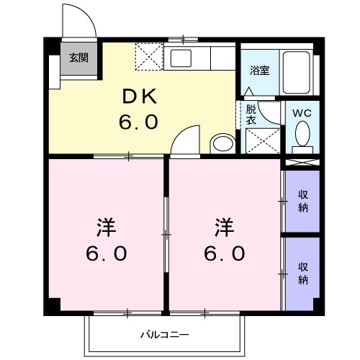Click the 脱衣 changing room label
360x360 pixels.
(251, 115)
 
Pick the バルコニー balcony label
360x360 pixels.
(164, 335)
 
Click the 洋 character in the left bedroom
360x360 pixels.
(103, 227)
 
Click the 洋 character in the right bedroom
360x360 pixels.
(224, 227)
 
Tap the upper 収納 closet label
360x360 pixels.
(303, 202)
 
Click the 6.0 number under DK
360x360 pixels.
(138, 122)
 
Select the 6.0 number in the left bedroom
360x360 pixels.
(107, 253)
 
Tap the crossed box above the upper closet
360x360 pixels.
(302, 162)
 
